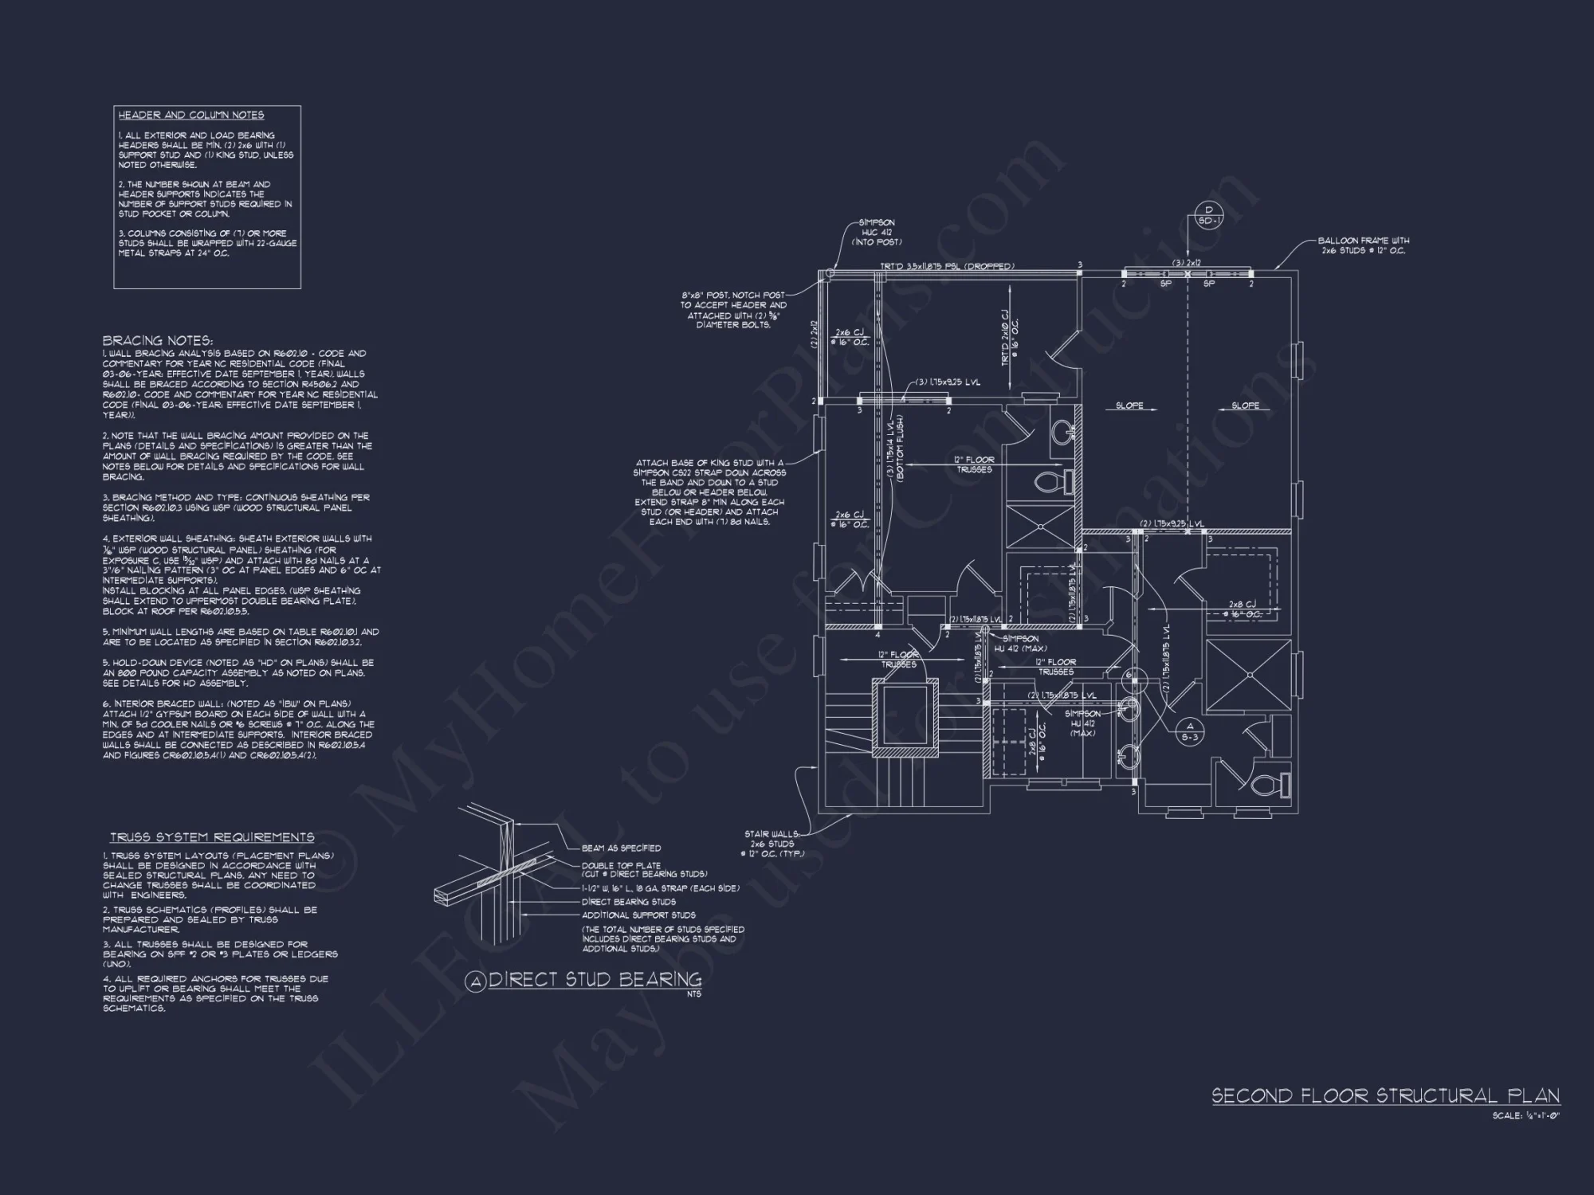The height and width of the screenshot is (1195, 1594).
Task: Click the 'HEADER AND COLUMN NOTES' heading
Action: pos(191,116)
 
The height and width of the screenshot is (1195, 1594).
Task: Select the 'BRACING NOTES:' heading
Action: pos(158,341)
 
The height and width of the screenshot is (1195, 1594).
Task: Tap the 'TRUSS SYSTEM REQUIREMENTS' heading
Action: pos(212,837)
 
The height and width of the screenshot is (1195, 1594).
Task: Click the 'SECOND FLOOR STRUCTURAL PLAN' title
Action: pos(1385,1095)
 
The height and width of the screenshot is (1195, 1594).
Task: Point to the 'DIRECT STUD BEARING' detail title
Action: pos(595,980)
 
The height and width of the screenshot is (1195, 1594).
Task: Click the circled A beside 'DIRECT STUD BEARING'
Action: pos(476,982)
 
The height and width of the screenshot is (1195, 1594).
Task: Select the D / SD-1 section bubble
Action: pos(1208,216)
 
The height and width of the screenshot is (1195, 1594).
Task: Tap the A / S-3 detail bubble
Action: pos(1190,731)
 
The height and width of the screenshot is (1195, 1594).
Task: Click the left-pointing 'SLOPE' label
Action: pos(1129,406)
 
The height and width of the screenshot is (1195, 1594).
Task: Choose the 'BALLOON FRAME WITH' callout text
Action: pos(1363,241)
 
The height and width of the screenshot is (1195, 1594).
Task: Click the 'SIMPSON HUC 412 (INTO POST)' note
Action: pos(876,232)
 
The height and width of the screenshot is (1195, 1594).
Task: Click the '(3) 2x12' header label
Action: pos(1188,262)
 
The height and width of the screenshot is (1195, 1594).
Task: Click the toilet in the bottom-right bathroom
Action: pos(1267,786)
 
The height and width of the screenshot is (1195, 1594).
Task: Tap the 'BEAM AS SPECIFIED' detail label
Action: pos(621,848)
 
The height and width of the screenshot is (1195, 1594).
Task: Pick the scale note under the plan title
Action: pos(1525,1116)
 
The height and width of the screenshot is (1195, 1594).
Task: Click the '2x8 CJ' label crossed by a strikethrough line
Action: pos(1242,605)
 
